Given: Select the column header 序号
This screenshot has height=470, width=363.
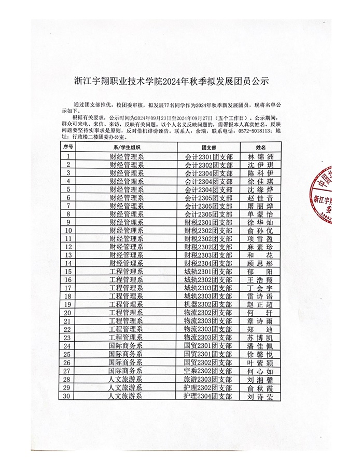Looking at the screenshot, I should [x=68, y=147].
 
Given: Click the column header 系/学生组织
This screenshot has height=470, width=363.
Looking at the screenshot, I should [x=126, y=147].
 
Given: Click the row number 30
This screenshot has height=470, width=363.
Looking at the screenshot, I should [x=68, y=396].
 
